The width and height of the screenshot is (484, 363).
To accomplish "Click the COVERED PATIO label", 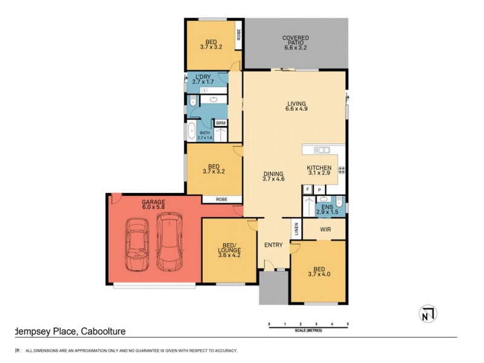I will pyautogui.click(x=295, y=42).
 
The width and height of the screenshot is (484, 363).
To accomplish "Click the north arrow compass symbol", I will pyautogui.click(x=428, y=313).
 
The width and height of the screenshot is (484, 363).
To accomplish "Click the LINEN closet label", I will pyautogui.click(x=296, y=228).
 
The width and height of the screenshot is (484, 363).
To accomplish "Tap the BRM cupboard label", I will pyautogui.click(x=220, y=123).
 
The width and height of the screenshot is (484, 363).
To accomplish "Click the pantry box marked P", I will pyautogui.click(x=319, y=189).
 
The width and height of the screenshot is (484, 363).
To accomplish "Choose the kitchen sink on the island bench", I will pyautogui.click(x=322, y=150).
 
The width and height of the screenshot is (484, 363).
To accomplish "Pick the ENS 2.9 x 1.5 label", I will pyautogui.click(x=327, y=209).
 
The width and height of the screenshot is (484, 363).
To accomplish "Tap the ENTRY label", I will pyautogui.click(x=273, y=245).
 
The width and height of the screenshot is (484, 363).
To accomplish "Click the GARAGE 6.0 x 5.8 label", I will pyautogui.click(x=153, y=204).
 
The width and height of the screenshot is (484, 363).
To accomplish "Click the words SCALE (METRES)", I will pyautogui.click(x=308, y=330).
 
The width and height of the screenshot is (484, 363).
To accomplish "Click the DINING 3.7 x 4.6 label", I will pyautogui.click(x=273, y=176).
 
